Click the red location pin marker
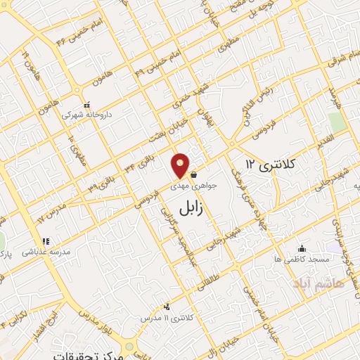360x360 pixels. (x=181, y=165)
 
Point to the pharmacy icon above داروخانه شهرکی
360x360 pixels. (x=86, y=103)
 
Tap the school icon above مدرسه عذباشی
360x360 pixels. (x=46, y=241)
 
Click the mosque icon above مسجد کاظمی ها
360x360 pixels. (x=302, y=248)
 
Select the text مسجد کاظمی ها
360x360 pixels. (x=302, y=259)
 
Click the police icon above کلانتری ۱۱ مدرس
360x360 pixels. (x=167, y=307)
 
